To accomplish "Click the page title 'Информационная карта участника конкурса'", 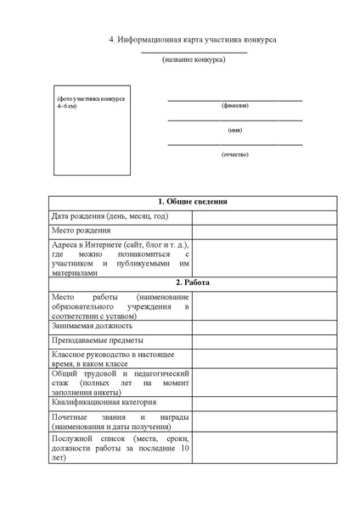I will click(x=193, y=40).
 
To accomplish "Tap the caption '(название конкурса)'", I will click(x=194, y=59).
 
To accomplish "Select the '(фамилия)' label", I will click(x=234, y=106).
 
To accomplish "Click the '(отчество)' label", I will click(x=234, y=154).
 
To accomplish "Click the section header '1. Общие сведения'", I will click(x=193, y=202).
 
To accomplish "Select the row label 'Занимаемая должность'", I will click(x=93, y=325).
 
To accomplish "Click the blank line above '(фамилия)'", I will click(x=234, y=99).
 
